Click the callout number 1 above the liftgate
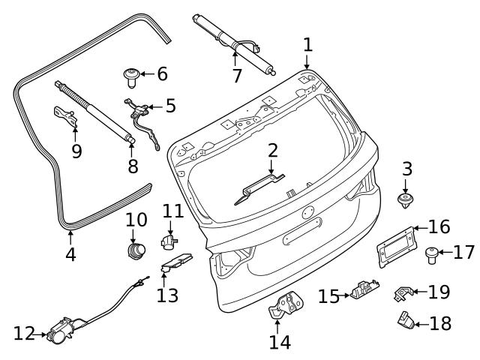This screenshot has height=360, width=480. click(x=307, y=44)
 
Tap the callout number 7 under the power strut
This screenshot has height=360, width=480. click(x=237, y=76)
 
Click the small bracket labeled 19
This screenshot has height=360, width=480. click(x=403, y=292)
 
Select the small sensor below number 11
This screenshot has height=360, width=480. click(x=169, y=241)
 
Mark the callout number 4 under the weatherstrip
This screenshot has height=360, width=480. click(x=70, y=254)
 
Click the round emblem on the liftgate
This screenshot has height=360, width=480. click(x=307, y=213)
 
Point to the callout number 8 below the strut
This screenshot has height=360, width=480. click(x=133, y=166)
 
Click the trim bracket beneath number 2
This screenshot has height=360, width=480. click(x=259, y=187)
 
